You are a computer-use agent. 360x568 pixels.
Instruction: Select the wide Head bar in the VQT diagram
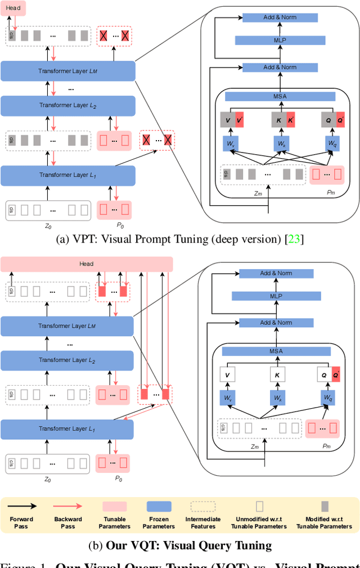[87, 263]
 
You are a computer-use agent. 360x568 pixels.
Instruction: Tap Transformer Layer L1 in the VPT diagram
[68, 175]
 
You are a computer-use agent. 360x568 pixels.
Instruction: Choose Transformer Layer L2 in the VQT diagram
[67, 360]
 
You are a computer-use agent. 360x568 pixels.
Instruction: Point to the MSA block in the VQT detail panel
[276, 351]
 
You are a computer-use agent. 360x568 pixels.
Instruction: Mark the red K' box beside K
[291, 120]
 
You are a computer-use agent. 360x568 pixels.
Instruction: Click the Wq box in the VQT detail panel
[327, 397]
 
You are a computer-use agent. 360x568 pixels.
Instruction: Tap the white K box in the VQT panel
[277, 374]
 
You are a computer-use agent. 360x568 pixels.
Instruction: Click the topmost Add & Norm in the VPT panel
[280, 17]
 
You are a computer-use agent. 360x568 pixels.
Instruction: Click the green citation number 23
[294, 239]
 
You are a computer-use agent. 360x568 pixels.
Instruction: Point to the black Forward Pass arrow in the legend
[22, 507]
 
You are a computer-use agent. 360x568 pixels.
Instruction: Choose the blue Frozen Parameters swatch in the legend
[159, 507]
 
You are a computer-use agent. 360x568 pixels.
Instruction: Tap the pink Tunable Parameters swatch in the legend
[114, 507]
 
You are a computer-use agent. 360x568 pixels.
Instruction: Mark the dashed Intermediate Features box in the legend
[203, 507]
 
